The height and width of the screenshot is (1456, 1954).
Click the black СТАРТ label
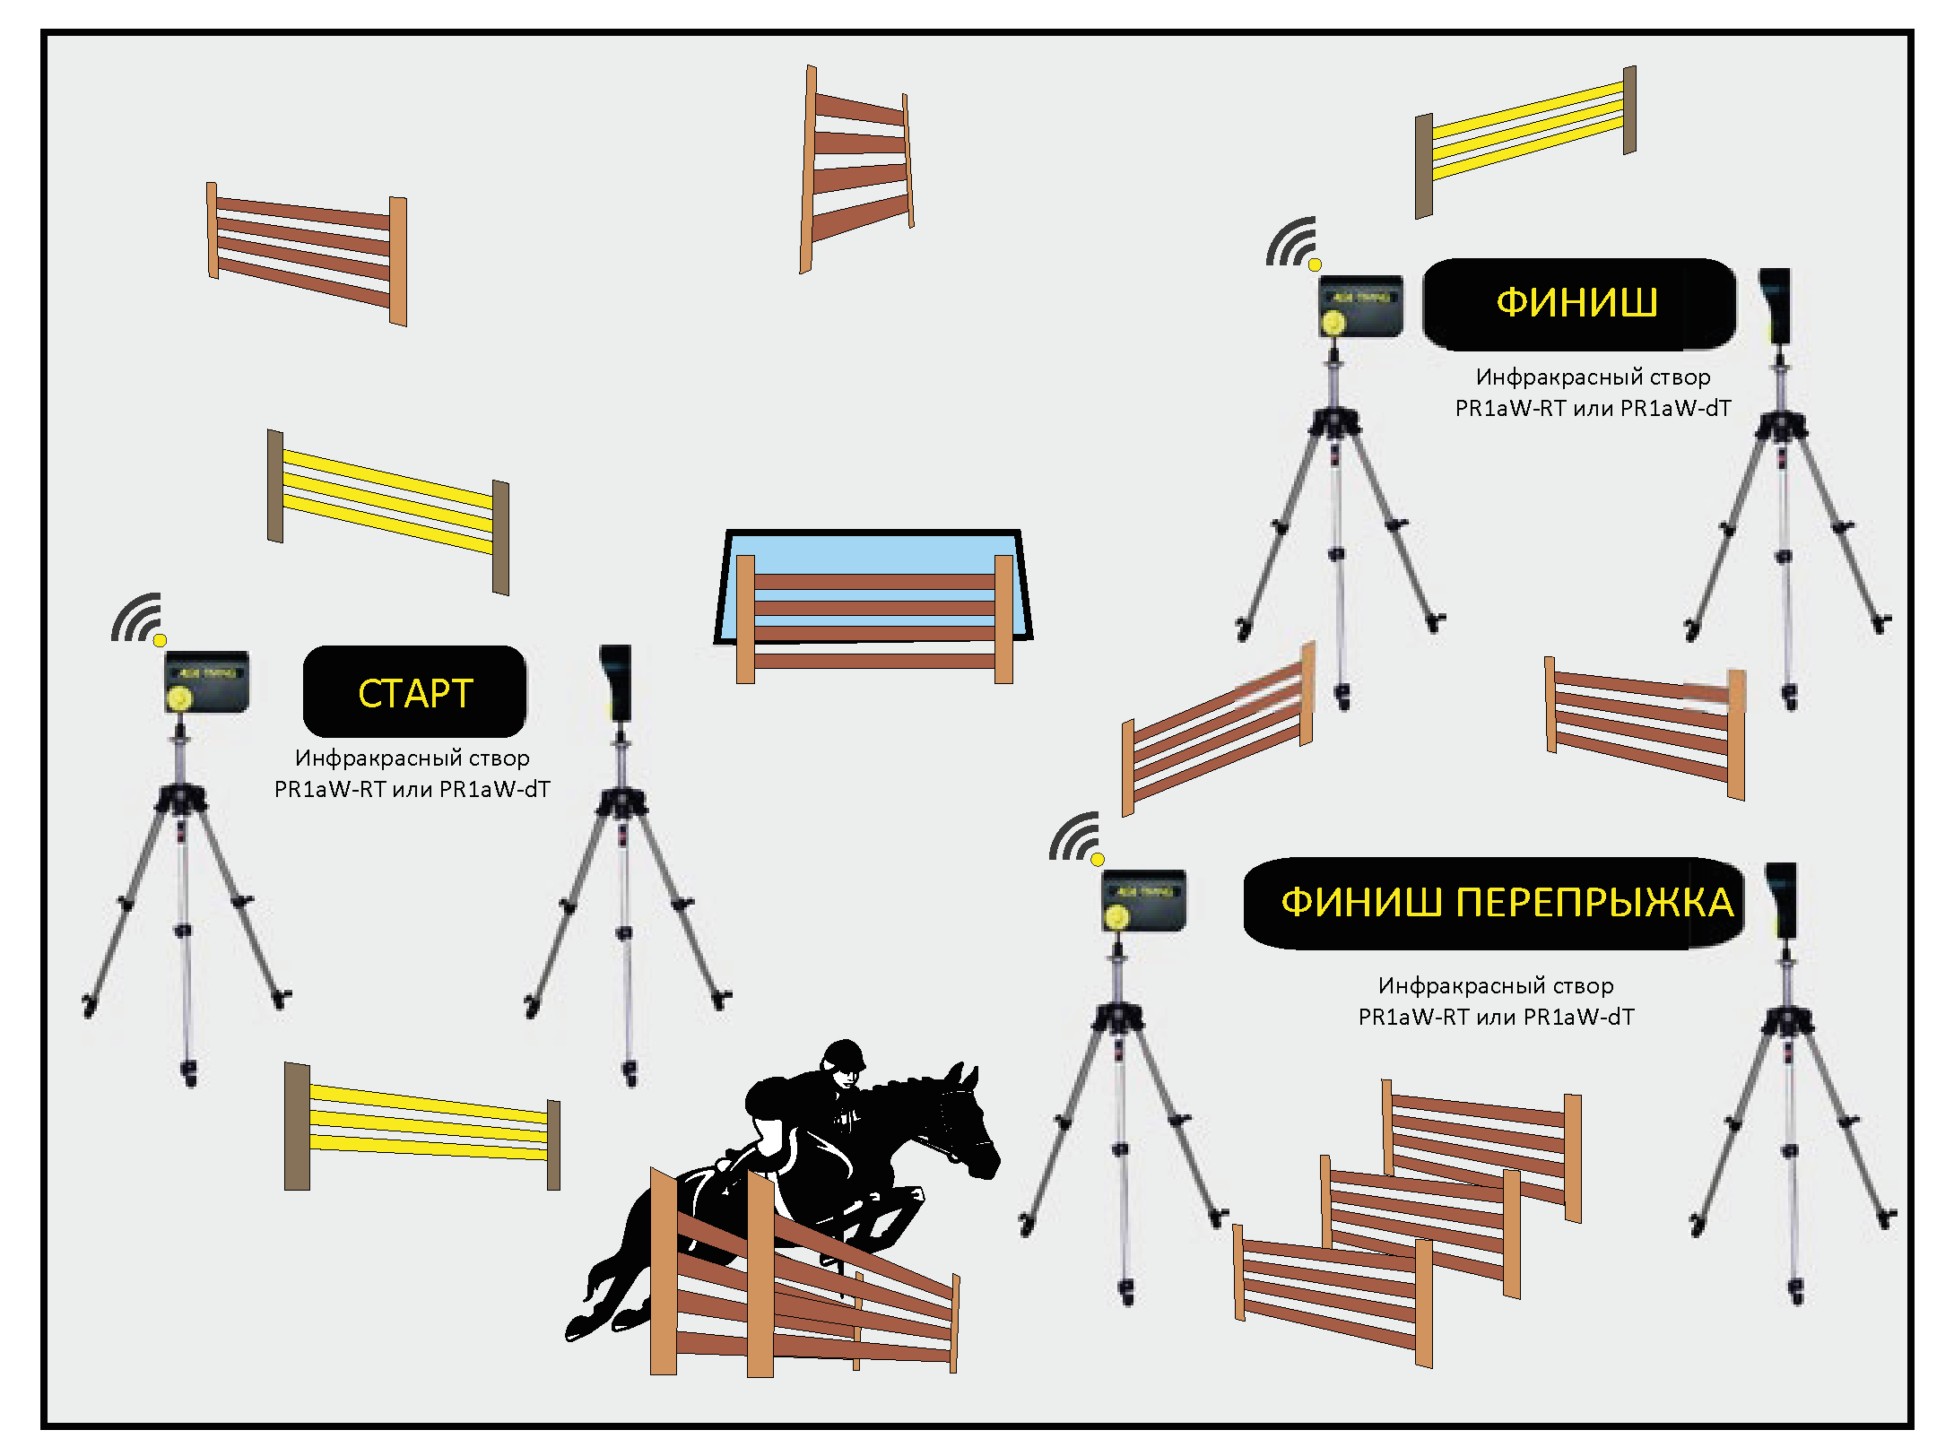tap(414, 691)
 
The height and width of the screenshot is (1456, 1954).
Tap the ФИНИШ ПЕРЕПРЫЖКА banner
tap(1494, 903)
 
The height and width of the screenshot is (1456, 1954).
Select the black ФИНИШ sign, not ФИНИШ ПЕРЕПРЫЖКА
tap(1579, 304)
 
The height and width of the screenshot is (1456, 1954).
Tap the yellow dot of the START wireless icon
tap(160, 640)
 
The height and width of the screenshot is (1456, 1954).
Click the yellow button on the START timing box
tap(180, 698)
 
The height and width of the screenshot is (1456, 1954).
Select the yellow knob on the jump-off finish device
tap(1116, 917)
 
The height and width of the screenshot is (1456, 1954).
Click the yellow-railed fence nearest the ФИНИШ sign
tap(1525, 142)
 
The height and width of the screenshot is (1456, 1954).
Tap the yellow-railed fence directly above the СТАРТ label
tap(388, 511)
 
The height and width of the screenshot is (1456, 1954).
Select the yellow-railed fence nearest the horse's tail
tap(422, 1126)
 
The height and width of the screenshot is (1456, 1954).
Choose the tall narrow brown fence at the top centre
tap(856, 169)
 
